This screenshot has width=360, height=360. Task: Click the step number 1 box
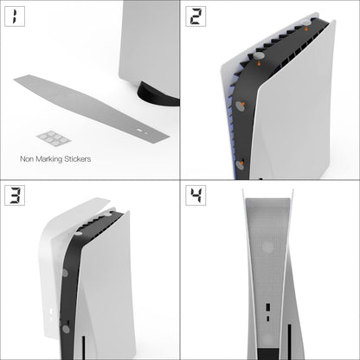[x=18, y=17]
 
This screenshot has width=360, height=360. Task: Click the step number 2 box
[x=198, y=17]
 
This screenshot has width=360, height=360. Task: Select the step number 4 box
[x=198, y=197]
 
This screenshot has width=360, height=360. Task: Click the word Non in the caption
[x=27, y=159]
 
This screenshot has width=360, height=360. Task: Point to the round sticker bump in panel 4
[x=268, y=247]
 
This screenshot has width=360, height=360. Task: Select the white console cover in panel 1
[x=151, y=39]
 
